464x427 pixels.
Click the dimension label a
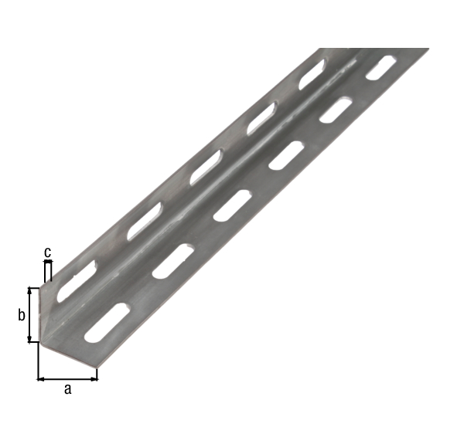[67, 390]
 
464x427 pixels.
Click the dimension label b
[22, 315]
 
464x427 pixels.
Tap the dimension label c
[48, 252]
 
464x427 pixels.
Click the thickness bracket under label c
[48, 271]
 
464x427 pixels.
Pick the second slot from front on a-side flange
[172, 261]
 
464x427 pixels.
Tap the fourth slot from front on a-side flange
[285, 155]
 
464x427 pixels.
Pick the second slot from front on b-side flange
[144, 221]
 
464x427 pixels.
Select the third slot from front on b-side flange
[206, 168]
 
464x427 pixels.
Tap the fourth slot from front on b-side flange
[261, 118]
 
